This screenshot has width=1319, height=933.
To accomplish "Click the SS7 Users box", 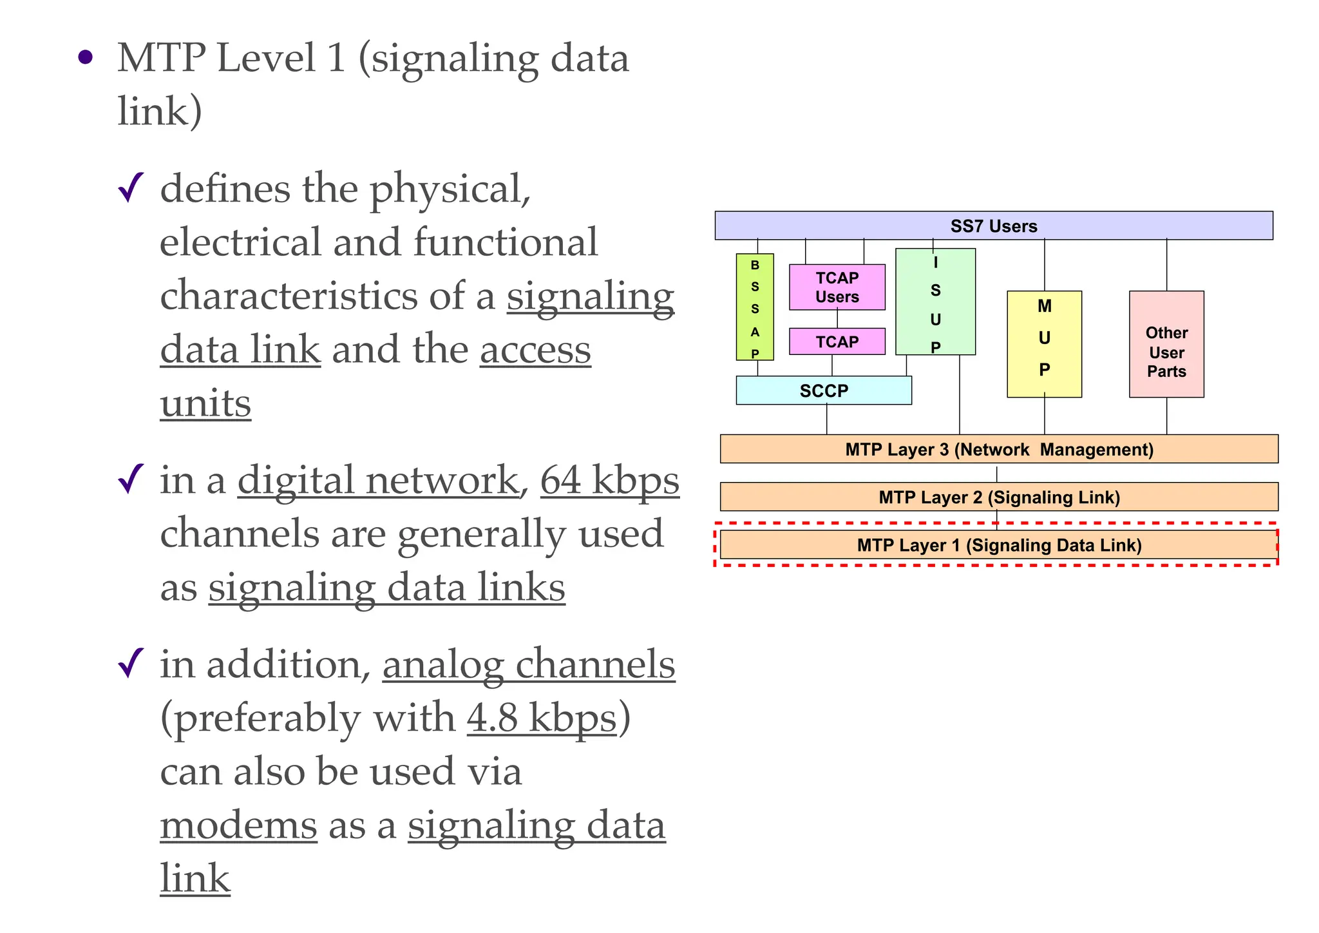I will pyautogui.click(x=993, y=226).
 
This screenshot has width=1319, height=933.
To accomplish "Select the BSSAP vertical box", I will pyautogui.click(x=755, y=307).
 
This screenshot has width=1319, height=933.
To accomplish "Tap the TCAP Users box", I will pyautogui.click(x=837, y=287).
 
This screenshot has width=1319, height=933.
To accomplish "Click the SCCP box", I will pyautogui.click(x=823, y=390).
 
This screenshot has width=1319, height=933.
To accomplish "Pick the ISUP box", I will pyautogui.click(x=935, y=302).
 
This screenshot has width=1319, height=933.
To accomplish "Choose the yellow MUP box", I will pyautogui.click(x=1044, y=344).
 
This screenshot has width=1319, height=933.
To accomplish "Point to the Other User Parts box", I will pyautogui.click(x=1166, y=344).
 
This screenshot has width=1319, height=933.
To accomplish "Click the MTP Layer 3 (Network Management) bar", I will pyautogui.click(x=998, y=449).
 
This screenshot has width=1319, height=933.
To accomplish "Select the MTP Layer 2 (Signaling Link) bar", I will pyautogui.click(x=998, y=497).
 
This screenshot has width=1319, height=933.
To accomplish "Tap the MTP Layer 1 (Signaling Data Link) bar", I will pyautogui.click(x=998, y=545).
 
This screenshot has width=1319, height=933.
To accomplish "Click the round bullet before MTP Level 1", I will pyautogui.click(x=85, y=58).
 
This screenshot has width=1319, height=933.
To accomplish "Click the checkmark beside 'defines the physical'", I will pyautogui.click(x=131, y=188).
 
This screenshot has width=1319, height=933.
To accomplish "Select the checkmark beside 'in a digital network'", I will pyautogui.click(x=131, y=479).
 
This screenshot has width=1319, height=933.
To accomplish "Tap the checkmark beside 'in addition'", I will pyautogui.click(x=131, y=663).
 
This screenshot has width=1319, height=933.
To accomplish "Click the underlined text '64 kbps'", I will pyautogui.click(x=609, y=481).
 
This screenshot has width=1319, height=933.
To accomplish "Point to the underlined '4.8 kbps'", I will pyautogui.click(x=542, y=718).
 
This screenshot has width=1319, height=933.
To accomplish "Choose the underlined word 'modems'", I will pyautogui.click(x=238, y=825).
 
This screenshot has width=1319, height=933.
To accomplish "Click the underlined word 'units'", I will pyautogui.click(x=205, y=404).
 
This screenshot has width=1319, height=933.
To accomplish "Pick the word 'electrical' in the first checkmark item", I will pyautogui.click(x=240, y=242).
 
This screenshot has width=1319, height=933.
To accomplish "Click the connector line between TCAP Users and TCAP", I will pyautogui.click(x=837, y=319).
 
